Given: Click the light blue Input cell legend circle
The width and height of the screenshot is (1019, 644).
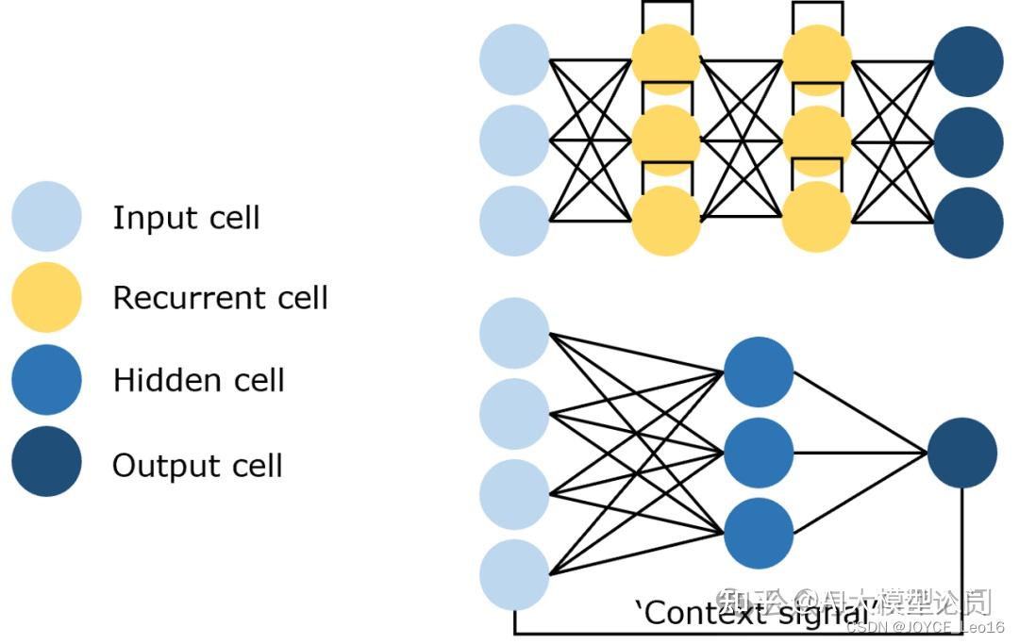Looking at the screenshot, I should pos(46,217).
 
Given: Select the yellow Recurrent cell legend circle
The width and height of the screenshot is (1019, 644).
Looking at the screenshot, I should pos(46,298).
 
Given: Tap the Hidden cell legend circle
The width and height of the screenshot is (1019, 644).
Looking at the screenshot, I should pos(46,380).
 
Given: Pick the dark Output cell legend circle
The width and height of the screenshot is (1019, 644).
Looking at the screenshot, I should pos(46,462).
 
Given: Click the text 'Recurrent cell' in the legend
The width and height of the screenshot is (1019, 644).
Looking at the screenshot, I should pos(220,298).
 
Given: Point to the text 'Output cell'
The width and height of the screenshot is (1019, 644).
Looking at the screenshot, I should pos(197,465).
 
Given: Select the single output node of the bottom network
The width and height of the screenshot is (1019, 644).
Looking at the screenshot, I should pos(961,453).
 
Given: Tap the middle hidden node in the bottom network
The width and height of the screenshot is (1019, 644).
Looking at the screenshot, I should pos(759,453).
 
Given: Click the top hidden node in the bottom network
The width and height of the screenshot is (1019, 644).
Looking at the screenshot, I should pos(759,372).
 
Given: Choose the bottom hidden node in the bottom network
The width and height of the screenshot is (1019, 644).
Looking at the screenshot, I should pos(759,534).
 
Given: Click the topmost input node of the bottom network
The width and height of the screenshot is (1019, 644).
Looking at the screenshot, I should pos(514,333).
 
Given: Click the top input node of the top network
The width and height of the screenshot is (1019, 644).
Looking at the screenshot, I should pos(514,59).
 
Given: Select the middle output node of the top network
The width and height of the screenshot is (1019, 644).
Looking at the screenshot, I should pos(968,141).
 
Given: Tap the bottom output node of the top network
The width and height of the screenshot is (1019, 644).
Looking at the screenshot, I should pos(968,223).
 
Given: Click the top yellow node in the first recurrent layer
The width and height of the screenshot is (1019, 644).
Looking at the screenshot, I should pos(666,59).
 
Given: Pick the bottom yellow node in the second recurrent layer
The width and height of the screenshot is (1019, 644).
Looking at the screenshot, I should pos(817,219).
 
